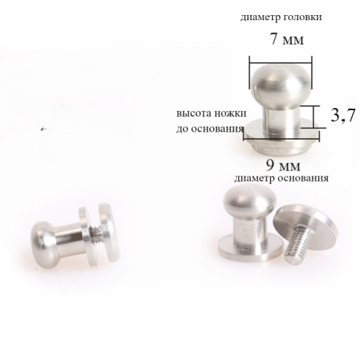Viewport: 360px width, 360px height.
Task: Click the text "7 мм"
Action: tap(287, 39)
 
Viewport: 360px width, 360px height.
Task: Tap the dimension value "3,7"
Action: tap(343, 115)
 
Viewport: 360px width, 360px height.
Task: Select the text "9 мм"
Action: tap(283, 165)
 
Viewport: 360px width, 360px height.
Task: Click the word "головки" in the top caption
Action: tap(302, 17)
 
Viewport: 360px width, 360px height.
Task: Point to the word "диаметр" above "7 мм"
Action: tap(261, 17)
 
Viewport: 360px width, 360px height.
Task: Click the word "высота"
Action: tap(194, 113)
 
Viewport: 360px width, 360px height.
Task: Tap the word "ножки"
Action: tap(230, 113)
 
